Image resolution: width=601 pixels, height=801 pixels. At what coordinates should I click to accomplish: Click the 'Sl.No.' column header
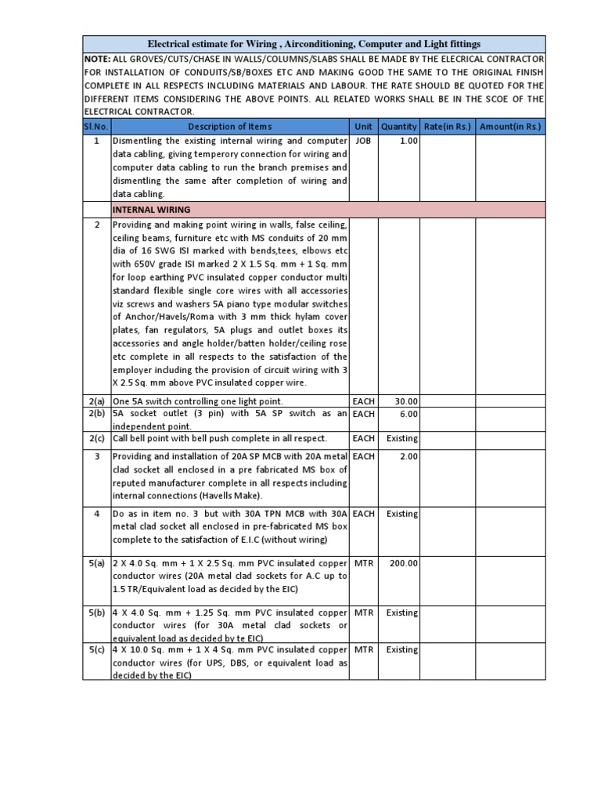[x=97, y=127]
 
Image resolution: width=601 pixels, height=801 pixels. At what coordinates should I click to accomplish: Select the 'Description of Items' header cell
[x=230, y=127]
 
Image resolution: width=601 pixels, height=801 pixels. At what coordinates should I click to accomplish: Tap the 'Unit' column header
[x=363, y=127]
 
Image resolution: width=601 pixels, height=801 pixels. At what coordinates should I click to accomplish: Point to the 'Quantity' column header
[x=399, y=127]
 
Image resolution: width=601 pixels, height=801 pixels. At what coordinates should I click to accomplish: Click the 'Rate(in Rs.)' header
[x=448, y=127]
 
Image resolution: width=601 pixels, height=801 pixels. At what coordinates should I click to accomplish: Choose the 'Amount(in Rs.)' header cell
[x=510, y=127]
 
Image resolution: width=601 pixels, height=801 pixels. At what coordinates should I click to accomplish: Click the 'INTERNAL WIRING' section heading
[x=152, y=210]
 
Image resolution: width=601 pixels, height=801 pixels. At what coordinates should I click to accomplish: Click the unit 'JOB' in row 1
[x=363, y=141]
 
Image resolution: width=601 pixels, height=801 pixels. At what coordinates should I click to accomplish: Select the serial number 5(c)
[x=97, y=649]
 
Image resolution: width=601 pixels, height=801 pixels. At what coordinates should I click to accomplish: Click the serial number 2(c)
[x=97, y=438]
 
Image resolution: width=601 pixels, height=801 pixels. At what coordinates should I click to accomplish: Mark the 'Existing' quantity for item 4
[x=402, y=514]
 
